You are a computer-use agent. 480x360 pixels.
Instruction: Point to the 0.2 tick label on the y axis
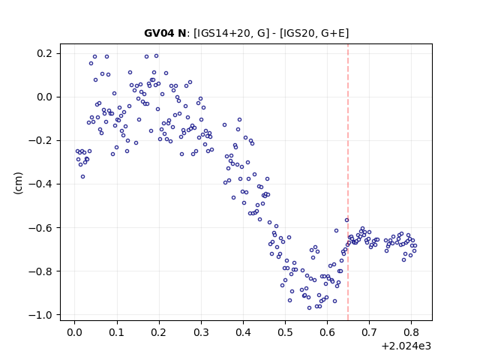[44, 53]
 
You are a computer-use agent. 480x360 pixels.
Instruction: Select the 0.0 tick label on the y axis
[44, 97]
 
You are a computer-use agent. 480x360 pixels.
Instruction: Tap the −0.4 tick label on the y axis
[40, 184]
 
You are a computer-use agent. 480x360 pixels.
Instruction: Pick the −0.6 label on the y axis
[40, 228]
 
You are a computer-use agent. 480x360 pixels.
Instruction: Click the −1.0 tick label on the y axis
[40, 315]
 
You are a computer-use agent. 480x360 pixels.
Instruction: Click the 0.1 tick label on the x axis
[117, 332]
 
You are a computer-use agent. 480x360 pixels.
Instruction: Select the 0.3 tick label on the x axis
[201, 332]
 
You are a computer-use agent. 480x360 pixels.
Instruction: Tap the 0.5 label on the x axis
[285, 332]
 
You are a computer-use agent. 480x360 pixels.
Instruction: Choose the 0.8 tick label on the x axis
[412, 332]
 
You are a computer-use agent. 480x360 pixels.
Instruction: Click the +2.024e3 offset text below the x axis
[406, 346]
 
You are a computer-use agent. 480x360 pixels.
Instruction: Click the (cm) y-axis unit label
[18, 183]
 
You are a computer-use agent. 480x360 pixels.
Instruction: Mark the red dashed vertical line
[348, 182]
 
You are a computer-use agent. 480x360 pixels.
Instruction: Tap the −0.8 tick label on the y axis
[40, 271]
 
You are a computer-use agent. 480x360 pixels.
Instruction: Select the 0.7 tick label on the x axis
[369, 332]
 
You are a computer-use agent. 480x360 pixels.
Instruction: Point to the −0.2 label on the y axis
[40, 140]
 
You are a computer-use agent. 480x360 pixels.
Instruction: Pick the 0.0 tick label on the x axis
[75, 332]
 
